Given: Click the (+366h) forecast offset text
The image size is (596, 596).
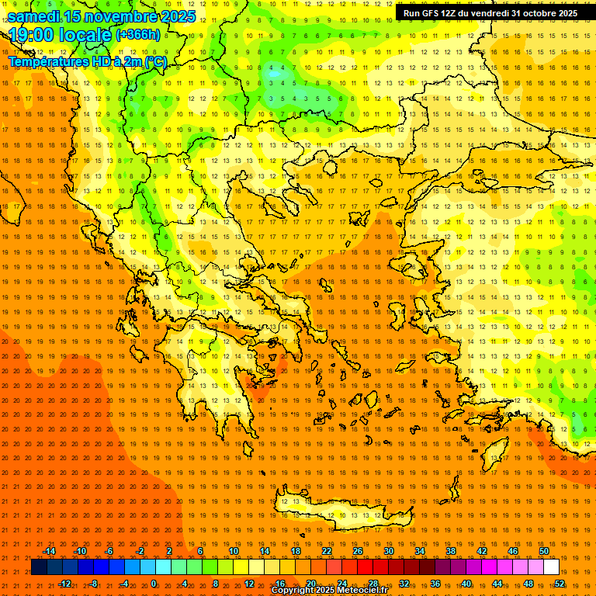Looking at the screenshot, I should (x=138, y=35).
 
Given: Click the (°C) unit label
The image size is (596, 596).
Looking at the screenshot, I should (x=154, y=61).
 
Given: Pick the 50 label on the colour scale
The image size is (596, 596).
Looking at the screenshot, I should (x=544, y=551).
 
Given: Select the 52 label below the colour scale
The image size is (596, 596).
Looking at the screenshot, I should (x=560, y=584).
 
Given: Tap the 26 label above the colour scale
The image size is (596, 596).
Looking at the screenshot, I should (x=358, y=551).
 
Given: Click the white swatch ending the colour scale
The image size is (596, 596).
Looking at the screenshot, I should (x=551, y=567).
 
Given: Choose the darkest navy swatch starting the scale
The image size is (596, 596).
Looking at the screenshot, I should (x=39, y=567).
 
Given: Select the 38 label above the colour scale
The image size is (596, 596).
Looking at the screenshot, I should (x=451, y=551).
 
